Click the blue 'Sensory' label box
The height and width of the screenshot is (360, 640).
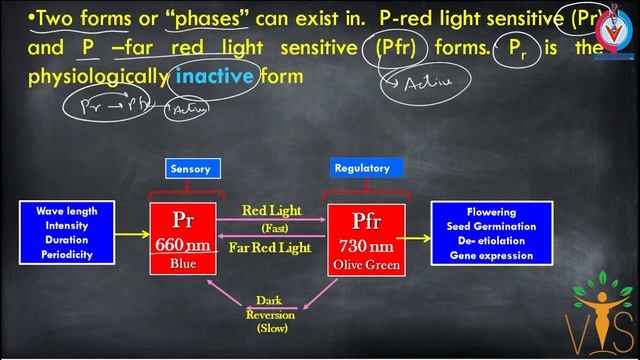pos(190,169)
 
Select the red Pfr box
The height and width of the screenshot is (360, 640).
pos(365,239)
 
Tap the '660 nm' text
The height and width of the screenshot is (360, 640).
pos(183,245)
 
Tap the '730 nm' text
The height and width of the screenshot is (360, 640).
pos(365,246)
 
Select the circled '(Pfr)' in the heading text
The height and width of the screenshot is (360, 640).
pos(398,47)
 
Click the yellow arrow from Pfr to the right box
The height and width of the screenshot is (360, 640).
pos(417,235)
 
